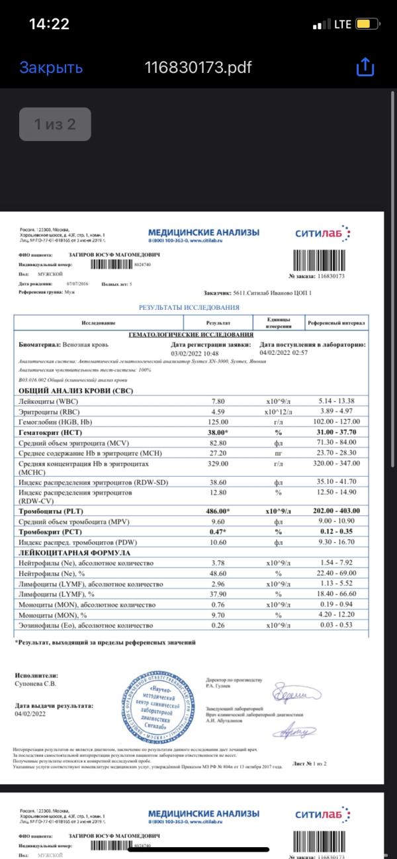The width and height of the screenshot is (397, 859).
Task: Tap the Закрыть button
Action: (51, 68)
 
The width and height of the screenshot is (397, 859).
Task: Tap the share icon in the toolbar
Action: (365, 67)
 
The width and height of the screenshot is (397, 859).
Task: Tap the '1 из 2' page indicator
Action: (55, 124)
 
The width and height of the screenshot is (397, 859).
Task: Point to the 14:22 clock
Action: (50, 25)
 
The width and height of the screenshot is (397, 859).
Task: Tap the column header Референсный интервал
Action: (335, 323)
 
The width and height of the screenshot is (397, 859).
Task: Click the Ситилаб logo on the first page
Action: (322, 232)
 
